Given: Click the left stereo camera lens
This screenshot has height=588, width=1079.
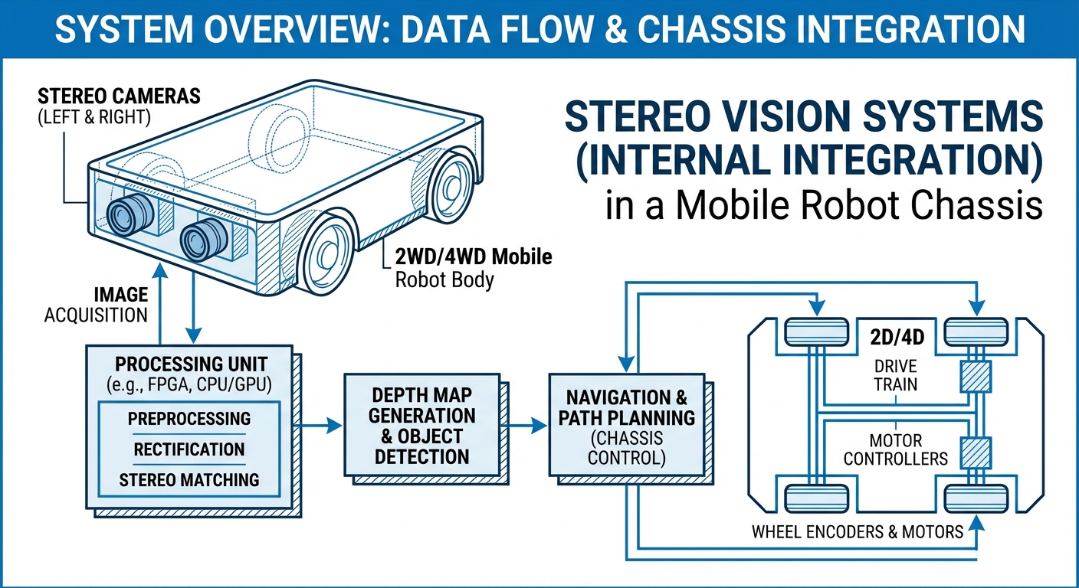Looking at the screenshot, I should pos(123,216).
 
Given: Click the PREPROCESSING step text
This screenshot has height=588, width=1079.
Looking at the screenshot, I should pos(189,419).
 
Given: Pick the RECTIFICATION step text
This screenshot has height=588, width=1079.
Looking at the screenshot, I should pos(189,449).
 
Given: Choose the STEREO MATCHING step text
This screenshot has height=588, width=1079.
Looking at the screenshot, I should pos(189,480).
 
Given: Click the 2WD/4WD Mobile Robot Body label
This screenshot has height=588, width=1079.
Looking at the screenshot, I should pos(473,267).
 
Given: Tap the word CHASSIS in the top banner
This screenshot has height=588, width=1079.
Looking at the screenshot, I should pos(717,29).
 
